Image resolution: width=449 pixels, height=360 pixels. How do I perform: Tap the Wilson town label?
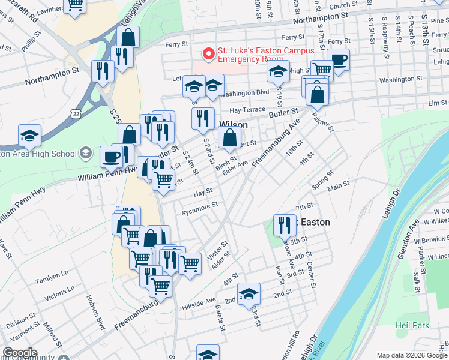[x=234, y=125]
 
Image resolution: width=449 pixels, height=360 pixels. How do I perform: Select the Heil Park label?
[x=412, y=325]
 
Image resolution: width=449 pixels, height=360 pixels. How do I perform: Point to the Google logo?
[x=20, y=353]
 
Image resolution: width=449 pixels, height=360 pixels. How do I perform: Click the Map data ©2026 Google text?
[x=412, y=355]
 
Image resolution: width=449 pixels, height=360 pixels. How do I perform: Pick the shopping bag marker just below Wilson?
[x=230, y=139]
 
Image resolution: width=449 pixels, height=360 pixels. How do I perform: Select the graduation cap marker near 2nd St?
[x=249, y=294]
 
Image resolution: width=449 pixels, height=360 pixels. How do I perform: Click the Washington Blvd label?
[x=244, y=93]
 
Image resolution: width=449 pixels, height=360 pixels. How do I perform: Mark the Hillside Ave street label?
[x=202, y=300]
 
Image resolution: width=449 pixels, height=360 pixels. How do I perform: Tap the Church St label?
[x=343, y=6]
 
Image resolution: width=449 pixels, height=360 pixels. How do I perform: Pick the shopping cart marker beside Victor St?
[x=190, y=262]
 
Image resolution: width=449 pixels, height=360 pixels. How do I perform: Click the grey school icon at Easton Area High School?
[x=85, y=154]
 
